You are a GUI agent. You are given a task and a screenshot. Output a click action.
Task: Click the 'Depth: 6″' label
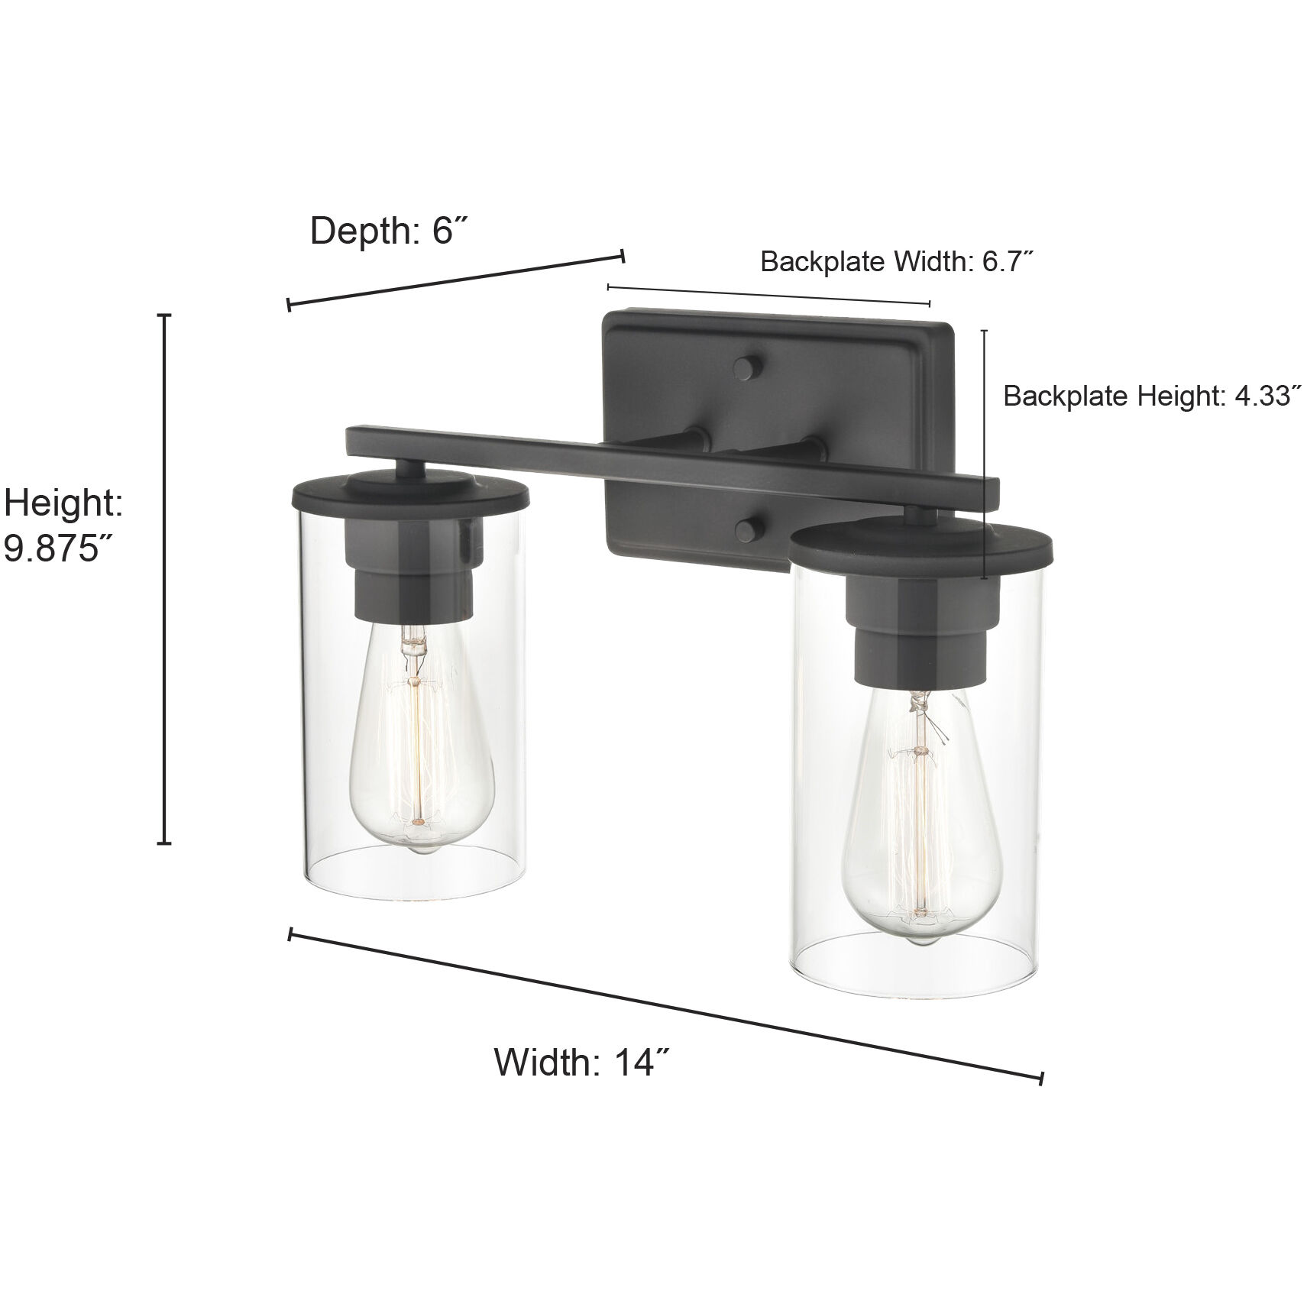point(388,231)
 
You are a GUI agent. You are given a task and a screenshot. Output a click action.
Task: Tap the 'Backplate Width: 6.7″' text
point(897,262)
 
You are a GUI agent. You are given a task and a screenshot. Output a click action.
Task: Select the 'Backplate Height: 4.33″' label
point(1151,396)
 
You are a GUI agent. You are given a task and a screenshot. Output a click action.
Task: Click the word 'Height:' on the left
point(64,503)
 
